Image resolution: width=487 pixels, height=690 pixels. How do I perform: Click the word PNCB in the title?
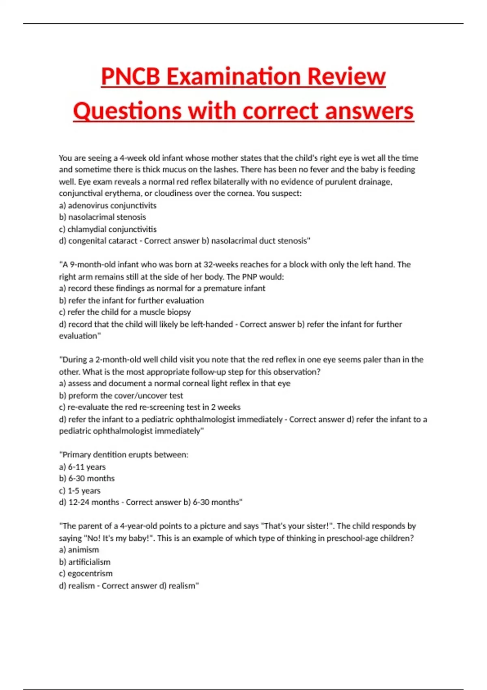click(x=131, y=76)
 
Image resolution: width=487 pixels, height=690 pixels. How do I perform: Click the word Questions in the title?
click(x=127, y=111)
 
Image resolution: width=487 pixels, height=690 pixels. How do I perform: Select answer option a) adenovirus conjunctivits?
click(x=108, y=205)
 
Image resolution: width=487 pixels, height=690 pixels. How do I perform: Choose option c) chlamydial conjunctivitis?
click(x=108, y=229)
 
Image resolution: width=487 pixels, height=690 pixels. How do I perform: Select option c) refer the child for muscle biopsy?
click(x=125, y=312)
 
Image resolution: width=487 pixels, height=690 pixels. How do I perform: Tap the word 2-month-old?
click(x=117, y=360)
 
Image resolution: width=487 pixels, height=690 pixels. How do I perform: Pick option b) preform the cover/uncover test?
click(x=121, y=395)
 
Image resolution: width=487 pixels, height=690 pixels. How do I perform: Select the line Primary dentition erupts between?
click(x=124, y=455)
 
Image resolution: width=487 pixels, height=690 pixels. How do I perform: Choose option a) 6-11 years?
click(x=82, y=467)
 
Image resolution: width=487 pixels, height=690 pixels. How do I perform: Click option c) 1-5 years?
click(x=80, y=490)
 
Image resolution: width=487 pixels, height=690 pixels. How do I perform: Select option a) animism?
click(x=79, y=550)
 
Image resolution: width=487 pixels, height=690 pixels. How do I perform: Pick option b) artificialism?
click(x=84, y=562)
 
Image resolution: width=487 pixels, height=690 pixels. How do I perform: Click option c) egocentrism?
click(x=86, y=574)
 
